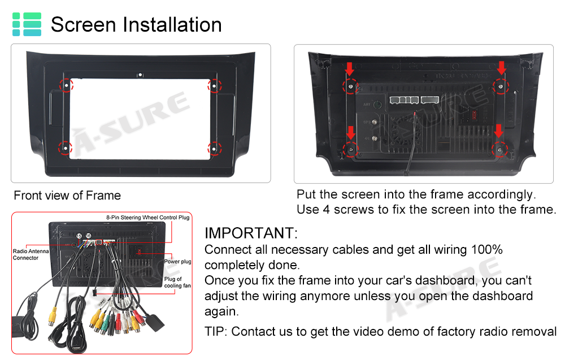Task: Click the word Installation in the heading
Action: [x=172, y=24]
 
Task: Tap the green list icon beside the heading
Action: [x=27, y=24]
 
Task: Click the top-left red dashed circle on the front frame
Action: [x=66, y=85]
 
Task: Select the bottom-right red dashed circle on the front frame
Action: [x=214, y=149]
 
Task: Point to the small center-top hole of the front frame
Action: [x=140, y=75]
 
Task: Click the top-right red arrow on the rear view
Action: [x=502, y=68]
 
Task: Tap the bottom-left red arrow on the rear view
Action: [x=351, y=133]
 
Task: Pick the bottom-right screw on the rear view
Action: [x=499, y=149]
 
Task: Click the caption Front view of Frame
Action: [x=67, y=196]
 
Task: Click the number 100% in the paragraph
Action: [x=487, y=249]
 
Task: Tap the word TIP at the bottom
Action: [x=214, y=331]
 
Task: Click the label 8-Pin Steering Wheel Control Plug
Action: [x=147, y=217]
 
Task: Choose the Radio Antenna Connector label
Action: [x=31, y=254]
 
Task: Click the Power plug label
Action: [x=177, y=261]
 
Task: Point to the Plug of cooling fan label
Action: [x=177, y=282]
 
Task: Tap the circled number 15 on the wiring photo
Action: [x=79, y=236]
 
